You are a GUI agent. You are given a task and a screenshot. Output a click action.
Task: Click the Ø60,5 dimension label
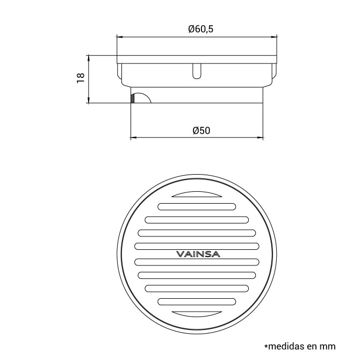[x=200, y=29]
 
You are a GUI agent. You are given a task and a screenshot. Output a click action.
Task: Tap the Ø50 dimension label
[x=201, y=131]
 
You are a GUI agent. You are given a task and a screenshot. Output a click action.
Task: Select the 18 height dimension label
[x=81, y=78]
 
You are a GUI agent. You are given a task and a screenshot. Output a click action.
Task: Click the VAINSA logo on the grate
[x=198, y=254]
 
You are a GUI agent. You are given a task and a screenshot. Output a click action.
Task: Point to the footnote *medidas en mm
[x=300, y=346]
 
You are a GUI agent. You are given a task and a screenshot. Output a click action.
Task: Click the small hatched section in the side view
[x=133, y=98]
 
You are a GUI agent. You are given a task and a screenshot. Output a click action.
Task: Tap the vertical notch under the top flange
[x=197, y=71]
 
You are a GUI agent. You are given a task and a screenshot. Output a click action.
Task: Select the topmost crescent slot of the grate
[x=197, y=195]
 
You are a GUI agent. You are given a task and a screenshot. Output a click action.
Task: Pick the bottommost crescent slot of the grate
[x=197, y=314]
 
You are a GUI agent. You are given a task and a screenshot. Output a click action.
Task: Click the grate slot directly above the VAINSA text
[x=197, y=246]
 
